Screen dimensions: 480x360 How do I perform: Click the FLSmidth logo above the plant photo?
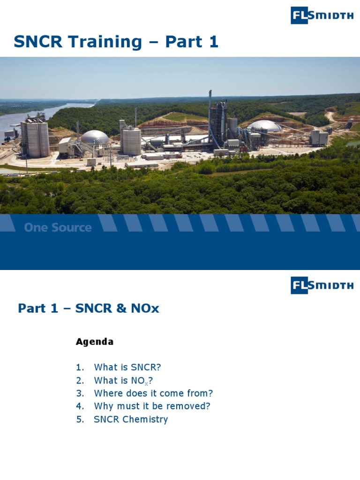(322, 15)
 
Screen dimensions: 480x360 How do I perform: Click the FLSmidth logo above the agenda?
(322, 285)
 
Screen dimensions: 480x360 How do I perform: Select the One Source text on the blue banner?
(58, 228)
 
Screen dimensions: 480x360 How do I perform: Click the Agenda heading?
(94, 342)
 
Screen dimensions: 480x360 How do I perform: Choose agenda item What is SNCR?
(124, 367)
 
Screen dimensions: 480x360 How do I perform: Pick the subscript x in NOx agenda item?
(146, 383)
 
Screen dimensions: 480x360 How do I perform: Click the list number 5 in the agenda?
(79, 420)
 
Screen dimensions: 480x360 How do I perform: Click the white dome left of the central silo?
(95, 137)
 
